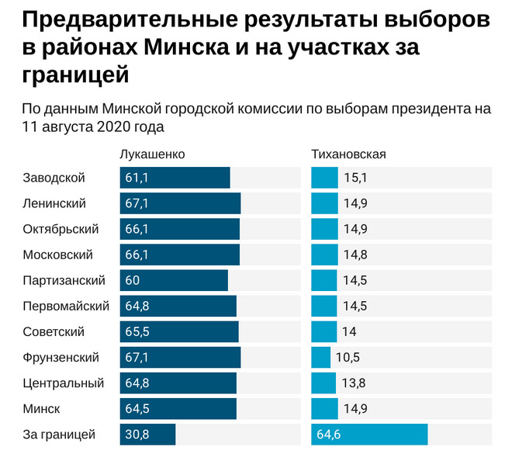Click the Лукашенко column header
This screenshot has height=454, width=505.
tap(152, 154)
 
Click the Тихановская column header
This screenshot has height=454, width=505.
tap(348, 154)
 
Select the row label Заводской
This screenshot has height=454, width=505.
tap(54, 178)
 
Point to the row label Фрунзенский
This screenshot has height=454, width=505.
tap(61, 357)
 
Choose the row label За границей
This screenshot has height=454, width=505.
tap(59, 434)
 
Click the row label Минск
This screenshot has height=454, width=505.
tap(42, 408)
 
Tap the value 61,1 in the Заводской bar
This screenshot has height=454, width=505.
tap(137, 178)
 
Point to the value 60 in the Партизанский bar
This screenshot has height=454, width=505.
tap(133, 280)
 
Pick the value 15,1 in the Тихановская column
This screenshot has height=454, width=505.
tap(355, 178)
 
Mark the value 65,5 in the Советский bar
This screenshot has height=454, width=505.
tap(137, 331)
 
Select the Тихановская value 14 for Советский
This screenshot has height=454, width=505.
tap(349, 331)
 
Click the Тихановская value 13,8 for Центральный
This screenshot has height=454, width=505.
tap(355, 383)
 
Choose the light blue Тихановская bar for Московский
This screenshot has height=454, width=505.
tap(324, 255)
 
